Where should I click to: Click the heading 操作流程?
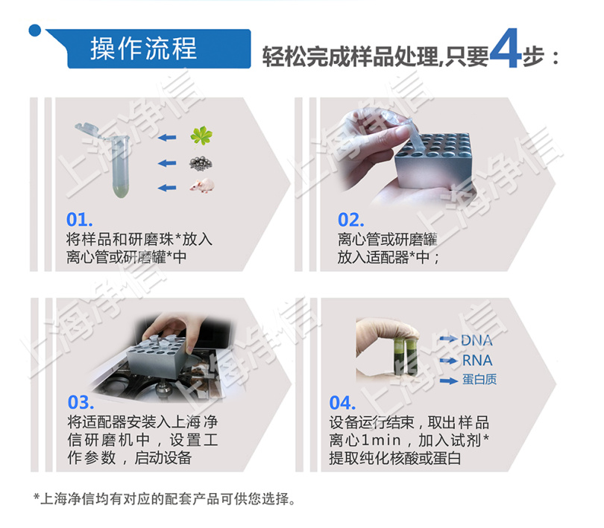tap(144, 48)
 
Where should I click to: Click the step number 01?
tap(79, 220)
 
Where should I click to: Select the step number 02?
tap(350, 220)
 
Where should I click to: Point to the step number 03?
tap(81, 403)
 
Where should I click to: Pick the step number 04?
tap(342, 403)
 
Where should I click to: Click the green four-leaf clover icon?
tap(201, 136)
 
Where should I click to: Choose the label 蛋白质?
tap(479, 381)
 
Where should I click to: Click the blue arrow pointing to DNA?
tap(447, 340)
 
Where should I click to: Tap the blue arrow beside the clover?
tap(168, 138)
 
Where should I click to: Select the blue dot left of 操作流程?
tap(34, 30)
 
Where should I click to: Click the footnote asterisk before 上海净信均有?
tap(36, 497)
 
